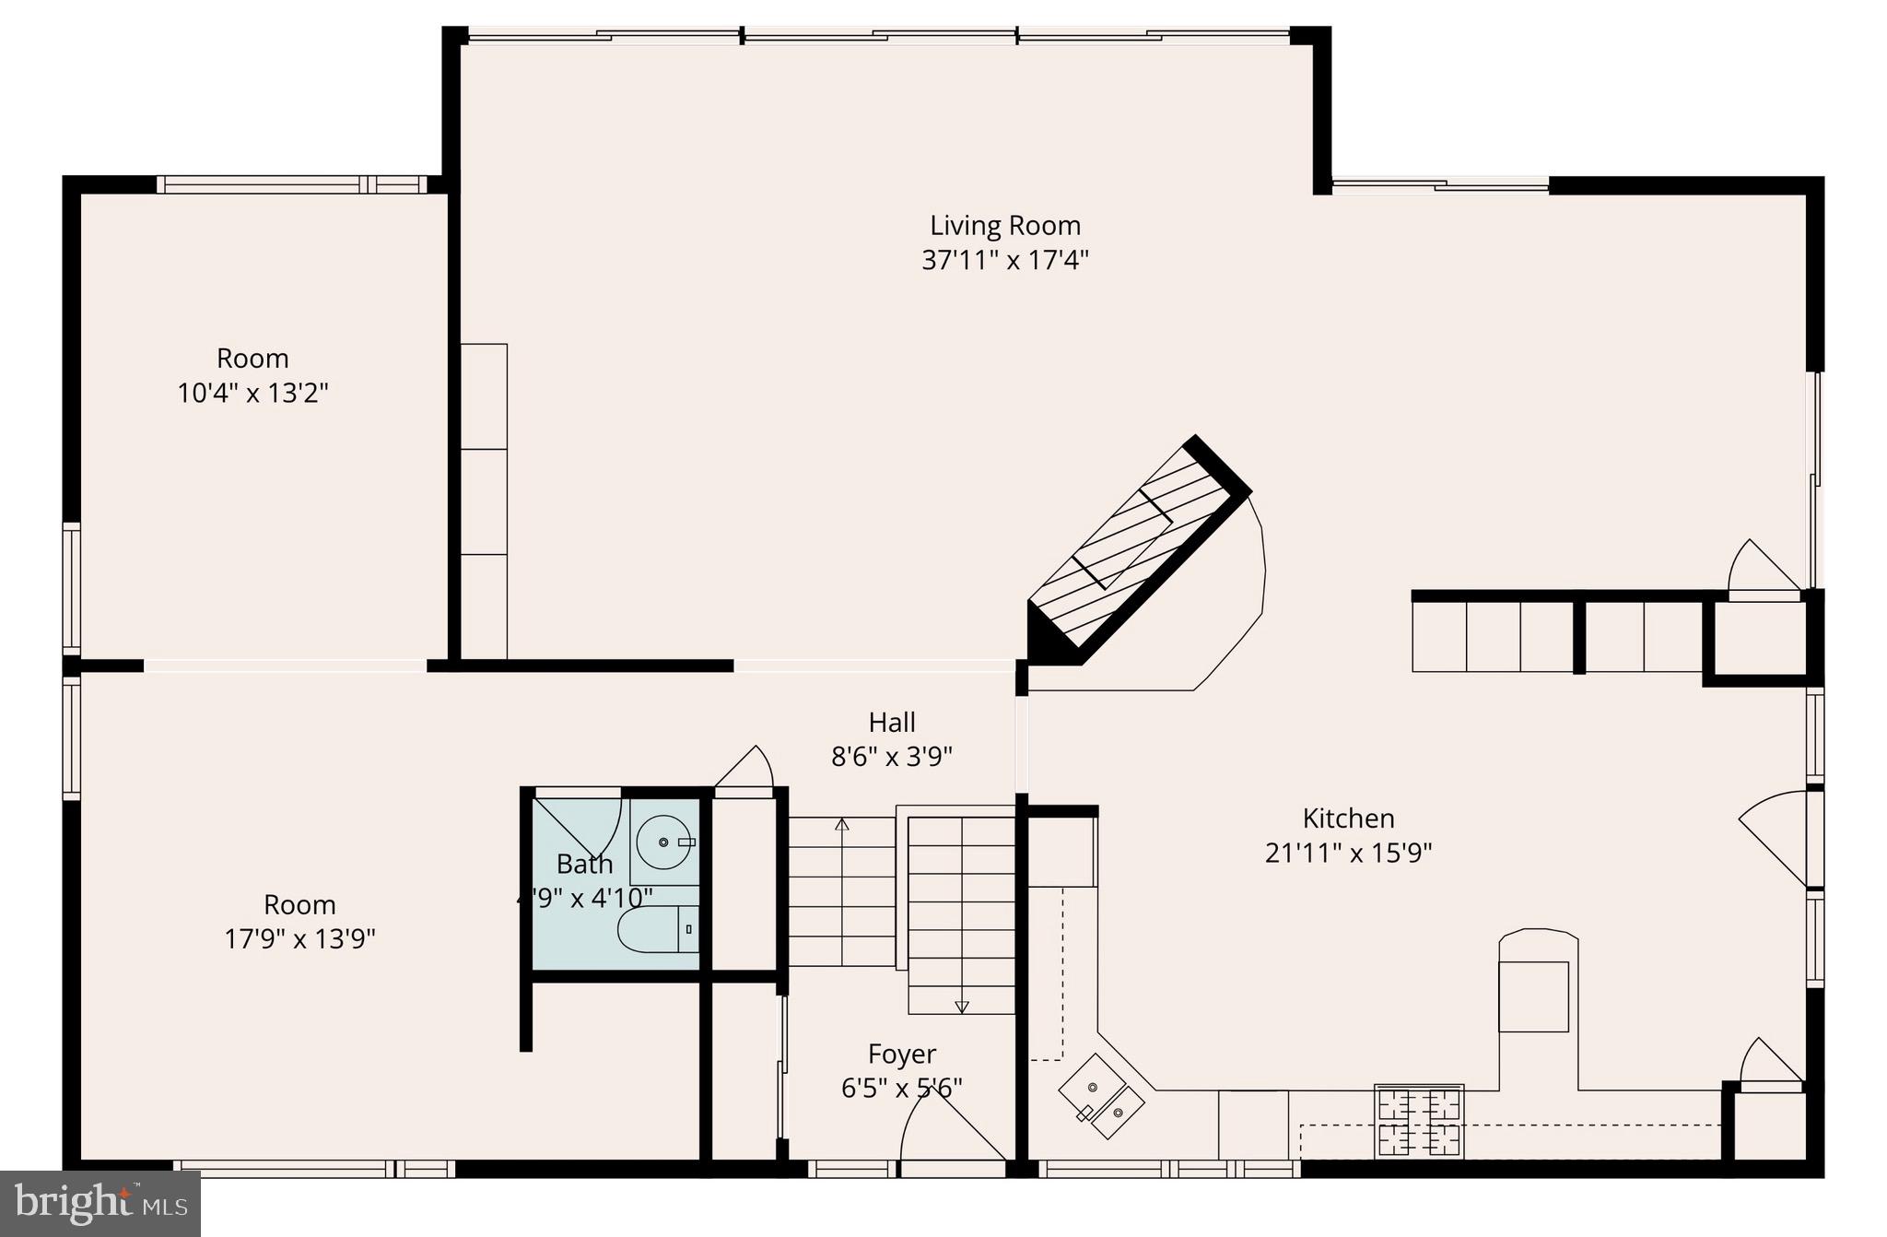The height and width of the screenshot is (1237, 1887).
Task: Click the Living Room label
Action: [x=1004, y=225]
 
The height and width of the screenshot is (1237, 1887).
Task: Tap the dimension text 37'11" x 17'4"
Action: [x=1004, y=260]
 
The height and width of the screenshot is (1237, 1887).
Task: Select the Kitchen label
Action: [x=1348, y=818]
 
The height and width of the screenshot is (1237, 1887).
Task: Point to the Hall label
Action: [x=891, y=722]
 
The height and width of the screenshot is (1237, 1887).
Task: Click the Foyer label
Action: [x=901, y=1054]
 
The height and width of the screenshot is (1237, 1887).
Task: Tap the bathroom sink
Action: [x=664, y=842]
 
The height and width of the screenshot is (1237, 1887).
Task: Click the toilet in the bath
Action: [x=656, y=930]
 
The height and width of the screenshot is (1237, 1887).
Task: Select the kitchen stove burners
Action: [x=1418, y=1123]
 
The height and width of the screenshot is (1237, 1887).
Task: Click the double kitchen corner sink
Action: [x=1102, y=1098]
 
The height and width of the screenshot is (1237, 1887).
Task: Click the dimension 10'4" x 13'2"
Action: [x=252, y=394]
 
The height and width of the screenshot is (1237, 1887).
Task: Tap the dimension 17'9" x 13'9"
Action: [x=299, y=939]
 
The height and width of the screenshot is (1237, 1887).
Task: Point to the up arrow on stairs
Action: [x=841, y=823]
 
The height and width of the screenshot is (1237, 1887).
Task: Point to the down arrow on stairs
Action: [x=962, y=1007]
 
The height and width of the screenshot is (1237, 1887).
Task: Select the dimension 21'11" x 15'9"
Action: [x=1348, y=854]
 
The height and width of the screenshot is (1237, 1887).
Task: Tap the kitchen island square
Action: [x=1533, y=996]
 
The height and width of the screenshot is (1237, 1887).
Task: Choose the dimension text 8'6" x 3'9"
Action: [x=891, y=758]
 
